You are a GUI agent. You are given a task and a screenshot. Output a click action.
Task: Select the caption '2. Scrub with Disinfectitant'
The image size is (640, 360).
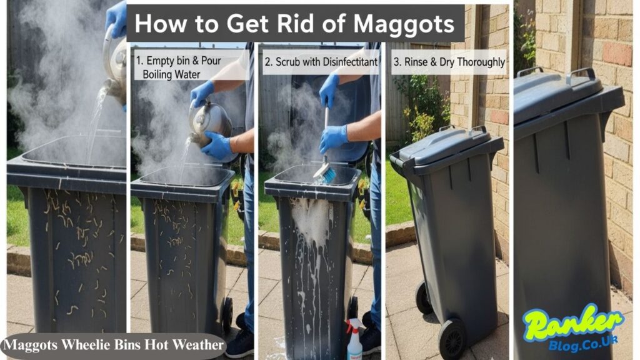(x=321, y=62)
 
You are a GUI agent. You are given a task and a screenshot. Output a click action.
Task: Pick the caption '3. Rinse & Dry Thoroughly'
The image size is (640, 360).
(x=449, y=62)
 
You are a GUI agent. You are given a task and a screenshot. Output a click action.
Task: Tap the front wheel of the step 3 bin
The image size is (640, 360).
(x=452, y=337)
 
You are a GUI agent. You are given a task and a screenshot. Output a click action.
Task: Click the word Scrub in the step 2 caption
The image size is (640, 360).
(x=294, y=62)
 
